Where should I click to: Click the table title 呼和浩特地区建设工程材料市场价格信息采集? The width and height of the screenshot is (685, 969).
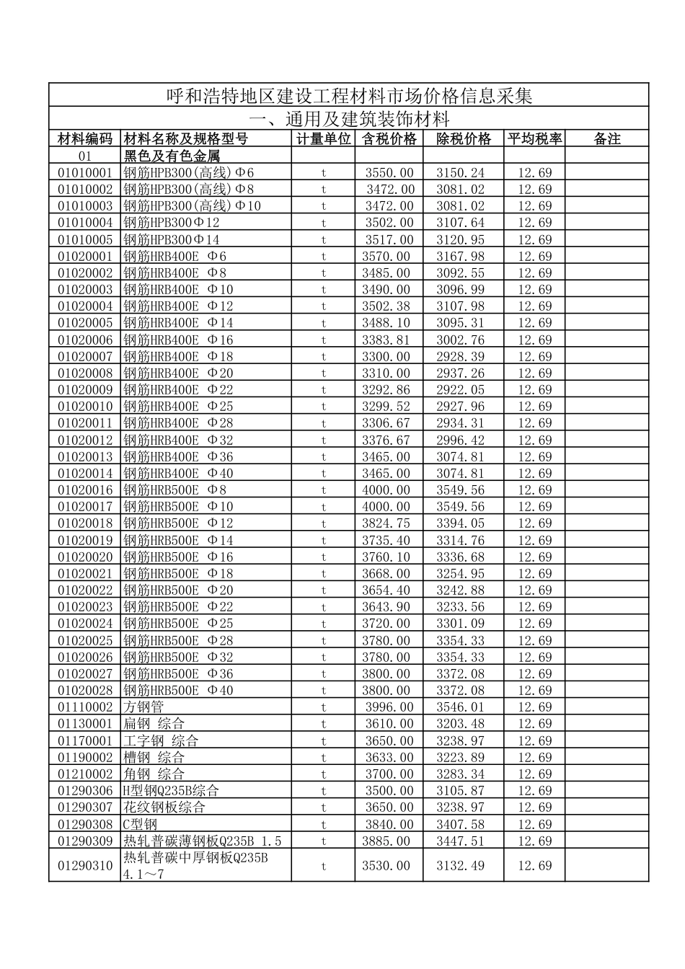(349, 95)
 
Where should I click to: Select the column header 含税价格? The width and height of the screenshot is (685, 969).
(389, 139)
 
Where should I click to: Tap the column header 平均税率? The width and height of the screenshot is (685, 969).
(534, 139)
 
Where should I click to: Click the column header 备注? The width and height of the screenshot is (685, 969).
(607, 139)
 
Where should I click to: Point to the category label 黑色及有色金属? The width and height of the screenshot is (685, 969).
(172, 156)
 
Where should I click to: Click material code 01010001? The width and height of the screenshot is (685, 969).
(85, 172)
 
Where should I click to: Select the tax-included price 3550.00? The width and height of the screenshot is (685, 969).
(389, 172)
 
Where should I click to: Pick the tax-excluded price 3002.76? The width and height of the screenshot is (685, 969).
(460, 340)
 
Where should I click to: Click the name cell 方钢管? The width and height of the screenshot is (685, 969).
(143, 707)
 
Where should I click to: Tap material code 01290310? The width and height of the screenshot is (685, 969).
(85, 865)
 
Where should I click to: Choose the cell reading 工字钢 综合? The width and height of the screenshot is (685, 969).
(161, 740)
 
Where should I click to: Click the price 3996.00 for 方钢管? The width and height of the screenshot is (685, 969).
(389, 707)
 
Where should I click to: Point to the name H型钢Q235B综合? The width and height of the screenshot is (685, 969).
(171, 791)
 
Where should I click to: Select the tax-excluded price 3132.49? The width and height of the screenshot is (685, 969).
(460, 865)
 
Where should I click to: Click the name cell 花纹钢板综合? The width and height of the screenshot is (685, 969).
(164, 807)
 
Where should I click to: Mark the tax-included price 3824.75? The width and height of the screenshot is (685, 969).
(386, 523)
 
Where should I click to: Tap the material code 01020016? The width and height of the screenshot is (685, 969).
(85, 490)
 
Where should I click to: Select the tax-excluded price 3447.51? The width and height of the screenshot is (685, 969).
(460, 841)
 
